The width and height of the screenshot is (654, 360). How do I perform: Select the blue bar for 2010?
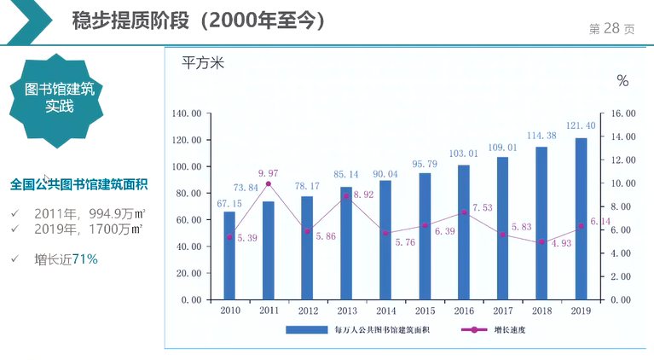click(x=229, y=255)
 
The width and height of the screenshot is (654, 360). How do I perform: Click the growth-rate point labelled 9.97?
click(x=268, y=183)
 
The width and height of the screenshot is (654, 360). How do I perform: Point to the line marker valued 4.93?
click(x=541, y=242)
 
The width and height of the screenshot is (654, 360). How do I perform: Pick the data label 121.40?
click(x=580, y=126)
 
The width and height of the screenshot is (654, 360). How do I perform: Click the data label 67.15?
click(x=229, y=203)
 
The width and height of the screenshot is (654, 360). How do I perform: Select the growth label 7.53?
click(x=489, y=207)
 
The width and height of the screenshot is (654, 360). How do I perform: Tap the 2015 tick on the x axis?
click(x=424, y=311)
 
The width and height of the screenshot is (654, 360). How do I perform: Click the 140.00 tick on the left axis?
click(x=186, y=113)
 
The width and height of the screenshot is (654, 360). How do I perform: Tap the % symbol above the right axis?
click(x=622, y=81)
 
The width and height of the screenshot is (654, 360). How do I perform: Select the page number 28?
click(x=611, y=28)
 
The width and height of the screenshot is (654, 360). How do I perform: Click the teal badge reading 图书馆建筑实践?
click(x=60, y=99)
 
